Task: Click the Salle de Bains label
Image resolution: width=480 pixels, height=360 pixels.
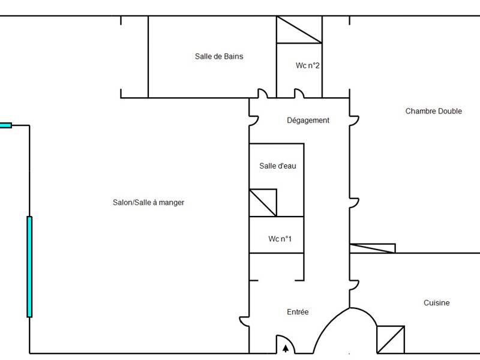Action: click(219, 56)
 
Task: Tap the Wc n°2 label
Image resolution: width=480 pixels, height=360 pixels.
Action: click(307, 65)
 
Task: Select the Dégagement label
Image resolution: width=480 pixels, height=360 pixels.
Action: click(308, 121)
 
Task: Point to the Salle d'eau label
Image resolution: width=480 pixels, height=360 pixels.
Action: click(277, 166)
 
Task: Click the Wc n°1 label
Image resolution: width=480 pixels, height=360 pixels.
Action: click(280, 239)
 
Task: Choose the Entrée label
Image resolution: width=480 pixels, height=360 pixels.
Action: click(298, 312)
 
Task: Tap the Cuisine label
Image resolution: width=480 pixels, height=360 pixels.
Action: click(436, 303)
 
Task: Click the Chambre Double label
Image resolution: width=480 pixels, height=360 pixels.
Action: click(433, 111)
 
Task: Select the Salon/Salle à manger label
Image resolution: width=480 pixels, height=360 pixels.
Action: click(148, 203)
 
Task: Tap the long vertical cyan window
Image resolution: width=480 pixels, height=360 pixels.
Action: click(29, 266)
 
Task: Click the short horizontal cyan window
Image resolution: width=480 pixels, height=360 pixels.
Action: click(5, 125)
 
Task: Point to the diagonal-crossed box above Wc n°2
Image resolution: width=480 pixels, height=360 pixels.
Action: click(299, 29)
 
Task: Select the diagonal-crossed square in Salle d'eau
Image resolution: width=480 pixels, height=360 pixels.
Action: click(263, 203)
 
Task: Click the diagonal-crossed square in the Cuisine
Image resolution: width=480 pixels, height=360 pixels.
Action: click(391, 339)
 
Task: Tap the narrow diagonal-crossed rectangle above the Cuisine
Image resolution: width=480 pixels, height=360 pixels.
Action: click(372, 248)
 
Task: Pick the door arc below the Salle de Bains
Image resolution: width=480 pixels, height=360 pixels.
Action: click(262, 94)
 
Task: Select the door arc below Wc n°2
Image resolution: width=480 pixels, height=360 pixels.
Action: click(299, 94)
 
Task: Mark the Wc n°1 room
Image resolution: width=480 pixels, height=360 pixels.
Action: click(277, 235)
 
